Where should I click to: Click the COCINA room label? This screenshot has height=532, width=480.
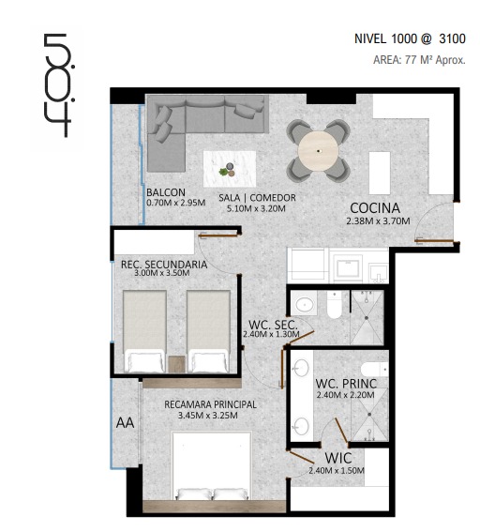pos(375,208)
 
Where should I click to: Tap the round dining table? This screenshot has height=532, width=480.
pos(318,151)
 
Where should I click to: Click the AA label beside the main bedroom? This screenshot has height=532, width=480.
pos(125,423)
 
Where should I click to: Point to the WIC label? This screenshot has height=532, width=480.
pos(337,458)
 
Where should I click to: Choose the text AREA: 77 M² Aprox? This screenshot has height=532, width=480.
pos(419,60)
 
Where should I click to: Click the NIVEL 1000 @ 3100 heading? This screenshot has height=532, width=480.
pos(410,38)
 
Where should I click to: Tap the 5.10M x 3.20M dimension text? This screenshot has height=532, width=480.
pos(256,208)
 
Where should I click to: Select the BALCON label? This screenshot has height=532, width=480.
pos(166,192)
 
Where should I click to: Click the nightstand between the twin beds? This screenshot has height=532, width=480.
pos(176,364)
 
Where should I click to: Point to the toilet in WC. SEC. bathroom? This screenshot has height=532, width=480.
pos(335,305)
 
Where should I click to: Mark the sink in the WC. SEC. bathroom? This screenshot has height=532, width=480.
pos(304,304)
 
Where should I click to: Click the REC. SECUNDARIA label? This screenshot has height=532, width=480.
pos(164,265)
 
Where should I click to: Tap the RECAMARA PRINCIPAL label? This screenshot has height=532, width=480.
pos(210,404)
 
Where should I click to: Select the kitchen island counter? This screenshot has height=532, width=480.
pos(380,173)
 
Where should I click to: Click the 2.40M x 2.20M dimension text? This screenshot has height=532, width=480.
pos(345,395)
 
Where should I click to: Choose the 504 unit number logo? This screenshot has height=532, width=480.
pos(58,84)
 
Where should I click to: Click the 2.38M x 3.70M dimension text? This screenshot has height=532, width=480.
pos(378,221)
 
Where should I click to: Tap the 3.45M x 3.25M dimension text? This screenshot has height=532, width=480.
pos(208,416)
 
